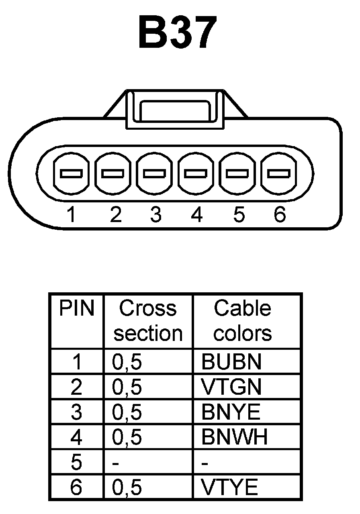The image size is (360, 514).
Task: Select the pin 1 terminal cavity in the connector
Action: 71,173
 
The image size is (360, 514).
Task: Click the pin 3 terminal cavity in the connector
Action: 155,173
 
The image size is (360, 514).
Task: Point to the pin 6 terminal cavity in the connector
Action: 279,173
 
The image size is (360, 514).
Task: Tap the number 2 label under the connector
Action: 115,215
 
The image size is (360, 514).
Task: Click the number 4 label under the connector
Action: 196,215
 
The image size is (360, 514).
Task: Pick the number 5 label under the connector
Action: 239,215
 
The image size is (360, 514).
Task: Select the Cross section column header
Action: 148,321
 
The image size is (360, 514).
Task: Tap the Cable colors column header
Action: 242,321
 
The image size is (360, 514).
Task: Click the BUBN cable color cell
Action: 231,362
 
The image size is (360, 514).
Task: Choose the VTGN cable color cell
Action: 231,387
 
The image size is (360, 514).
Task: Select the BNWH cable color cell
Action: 235,437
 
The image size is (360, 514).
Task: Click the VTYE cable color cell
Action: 229,487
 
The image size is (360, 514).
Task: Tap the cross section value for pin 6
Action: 127,487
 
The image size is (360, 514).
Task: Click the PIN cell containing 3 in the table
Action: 76,412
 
